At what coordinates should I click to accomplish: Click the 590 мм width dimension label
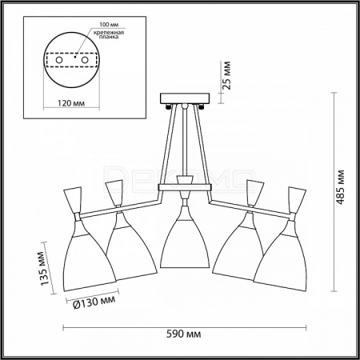184,334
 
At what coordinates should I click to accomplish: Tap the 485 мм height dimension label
340,187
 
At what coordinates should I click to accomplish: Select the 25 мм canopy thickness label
226,75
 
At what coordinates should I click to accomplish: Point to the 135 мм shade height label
45,268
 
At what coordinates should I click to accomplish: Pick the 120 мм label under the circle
71,103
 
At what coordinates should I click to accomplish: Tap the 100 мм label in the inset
109,25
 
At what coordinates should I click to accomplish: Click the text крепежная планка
109,34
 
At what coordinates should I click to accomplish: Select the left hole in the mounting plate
59,60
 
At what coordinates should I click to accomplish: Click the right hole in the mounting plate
85,60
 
